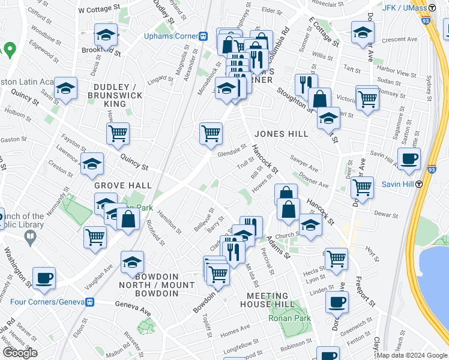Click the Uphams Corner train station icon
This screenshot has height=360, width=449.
[203, 36]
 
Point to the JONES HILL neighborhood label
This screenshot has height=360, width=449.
[281, 133]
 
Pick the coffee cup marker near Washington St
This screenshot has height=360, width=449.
[44, 278]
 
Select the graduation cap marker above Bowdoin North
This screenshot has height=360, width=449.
[132, 262]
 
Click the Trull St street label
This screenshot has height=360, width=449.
[243, 163]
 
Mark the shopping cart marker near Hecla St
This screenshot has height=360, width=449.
[336, 259]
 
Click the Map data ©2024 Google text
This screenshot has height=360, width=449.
[412, 355]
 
